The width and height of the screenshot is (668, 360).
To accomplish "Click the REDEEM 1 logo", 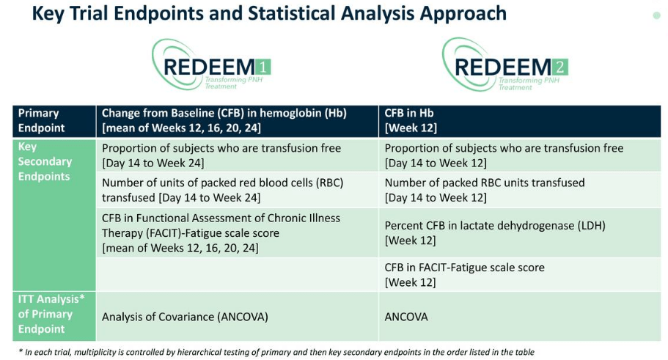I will point(211,65).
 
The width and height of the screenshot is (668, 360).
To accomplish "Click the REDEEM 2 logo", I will point(504,65).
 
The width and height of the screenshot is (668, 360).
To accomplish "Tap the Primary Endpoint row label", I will point(42,120).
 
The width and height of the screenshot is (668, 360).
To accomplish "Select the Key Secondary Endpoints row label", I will point(45,161).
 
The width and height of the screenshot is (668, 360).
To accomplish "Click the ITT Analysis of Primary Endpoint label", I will point(45,314).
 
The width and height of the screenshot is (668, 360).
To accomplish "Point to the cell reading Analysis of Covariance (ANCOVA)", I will point(185,317).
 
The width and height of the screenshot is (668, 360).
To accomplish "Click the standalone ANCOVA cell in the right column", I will point(406,317).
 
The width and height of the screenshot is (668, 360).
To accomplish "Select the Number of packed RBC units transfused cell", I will point(484,190).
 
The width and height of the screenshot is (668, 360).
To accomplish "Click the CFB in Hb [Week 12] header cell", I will point(411,120).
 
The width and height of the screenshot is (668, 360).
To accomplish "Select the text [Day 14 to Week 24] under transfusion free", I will point(153,163).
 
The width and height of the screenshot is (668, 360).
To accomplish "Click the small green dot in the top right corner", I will point(656,15).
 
